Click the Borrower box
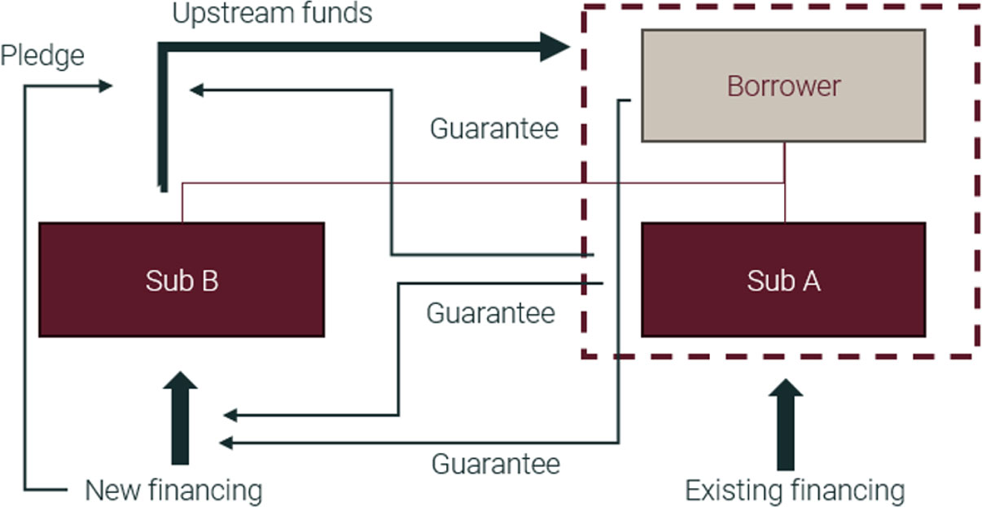coord(783,86)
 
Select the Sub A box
coord(783,280)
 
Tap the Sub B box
coord(182,280)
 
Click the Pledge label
coord(42,56)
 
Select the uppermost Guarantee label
coord(494,129)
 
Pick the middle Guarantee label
coord(490,313)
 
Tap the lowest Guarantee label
coord(495,464)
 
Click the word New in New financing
coord(113,491)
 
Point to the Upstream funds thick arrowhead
coord(555,46)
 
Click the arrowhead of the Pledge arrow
coord(106,86)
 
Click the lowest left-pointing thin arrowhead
coord(226,443)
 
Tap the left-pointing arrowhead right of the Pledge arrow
coord(196,90)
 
